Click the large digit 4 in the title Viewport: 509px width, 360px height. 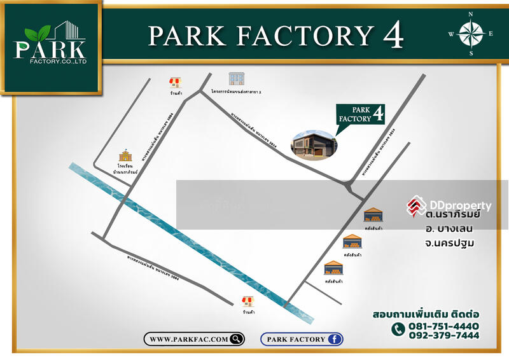[393, 37]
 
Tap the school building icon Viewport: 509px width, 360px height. [125, 156]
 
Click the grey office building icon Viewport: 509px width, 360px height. [237, 78]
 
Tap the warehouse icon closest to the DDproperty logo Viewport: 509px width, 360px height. [373, 214]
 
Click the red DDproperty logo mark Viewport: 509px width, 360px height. [417, 205]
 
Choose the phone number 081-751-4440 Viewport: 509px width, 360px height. [443, 326]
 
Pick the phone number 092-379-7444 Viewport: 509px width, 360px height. [443, 336]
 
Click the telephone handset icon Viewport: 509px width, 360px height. [398, 329]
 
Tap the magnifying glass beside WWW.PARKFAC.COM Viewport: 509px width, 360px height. [236, 339]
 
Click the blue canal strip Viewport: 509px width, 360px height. [191, 242]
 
